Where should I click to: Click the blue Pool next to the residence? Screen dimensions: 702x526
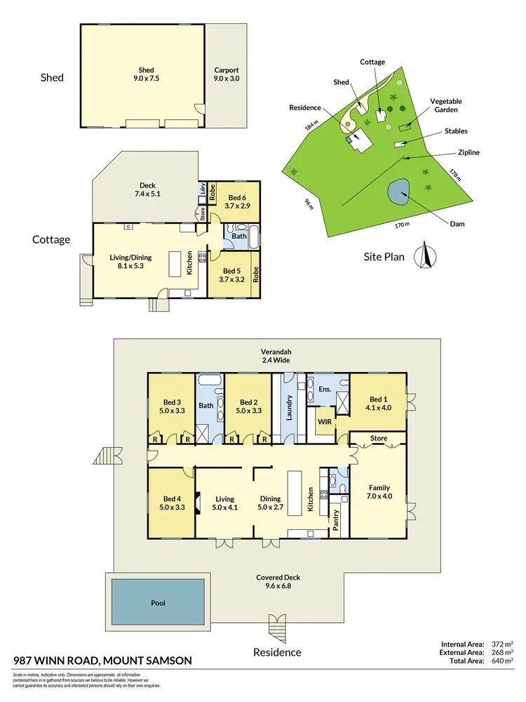pos(159,603)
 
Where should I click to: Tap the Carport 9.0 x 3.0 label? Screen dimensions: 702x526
pos(226,74)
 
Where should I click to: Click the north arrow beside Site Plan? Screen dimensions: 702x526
pos(424,256)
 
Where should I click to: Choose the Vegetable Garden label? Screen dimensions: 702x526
pos(446,105)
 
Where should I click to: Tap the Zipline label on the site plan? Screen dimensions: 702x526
pos(468,152)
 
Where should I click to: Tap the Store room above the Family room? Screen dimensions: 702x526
pos(379,439)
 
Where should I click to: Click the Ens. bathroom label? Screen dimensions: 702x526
pos(325,388)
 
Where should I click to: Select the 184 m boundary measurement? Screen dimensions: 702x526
pos(309,126)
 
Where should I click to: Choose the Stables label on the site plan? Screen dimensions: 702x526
pos(455,131)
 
